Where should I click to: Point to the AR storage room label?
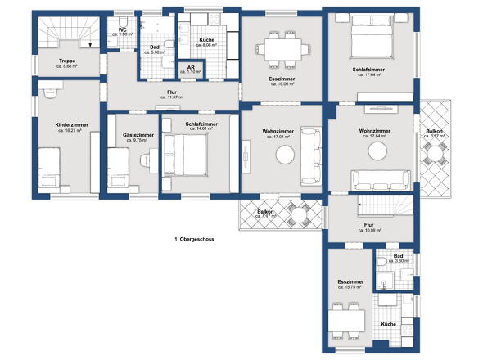[x=190, y=70]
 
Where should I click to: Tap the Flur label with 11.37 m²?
[x=172, y=94]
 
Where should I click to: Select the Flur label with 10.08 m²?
[x=369, y=227]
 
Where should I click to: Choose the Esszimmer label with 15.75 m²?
[x=350, y=283]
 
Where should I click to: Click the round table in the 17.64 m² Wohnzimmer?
[x=377, y=151]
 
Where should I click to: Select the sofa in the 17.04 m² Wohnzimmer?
[x=309, y=155]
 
